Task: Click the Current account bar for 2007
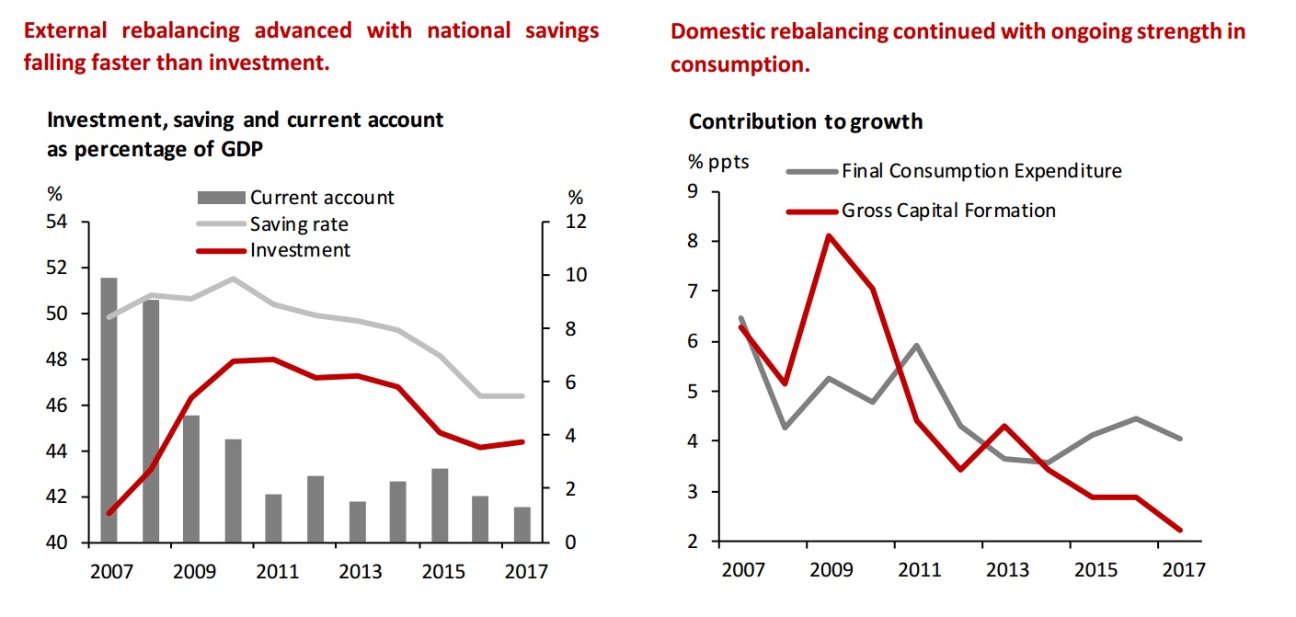109,410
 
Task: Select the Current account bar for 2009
191,479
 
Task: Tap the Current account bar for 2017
522,525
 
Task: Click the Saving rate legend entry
299,224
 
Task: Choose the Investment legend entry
300,250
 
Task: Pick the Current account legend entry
322,198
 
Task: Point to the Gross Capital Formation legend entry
947,211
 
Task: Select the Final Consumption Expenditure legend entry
981,171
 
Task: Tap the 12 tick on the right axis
576,223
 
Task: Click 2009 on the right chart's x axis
829,569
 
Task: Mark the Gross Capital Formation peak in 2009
829,235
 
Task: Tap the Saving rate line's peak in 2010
233,278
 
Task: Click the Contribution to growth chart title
806,121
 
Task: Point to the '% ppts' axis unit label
719,162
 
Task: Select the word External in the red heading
68,30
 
